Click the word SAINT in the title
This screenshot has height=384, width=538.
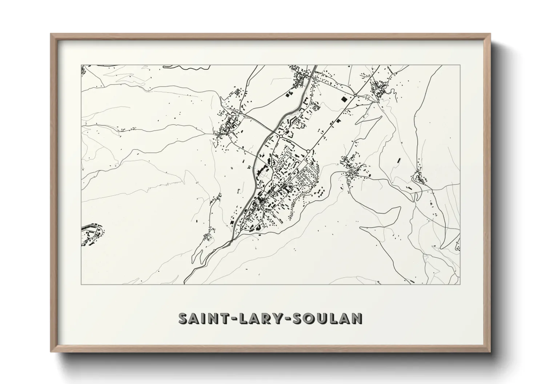[198, 318]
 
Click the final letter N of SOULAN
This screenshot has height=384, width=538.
[357, 318]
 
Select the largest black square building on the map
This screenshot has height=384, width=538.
[344, 98]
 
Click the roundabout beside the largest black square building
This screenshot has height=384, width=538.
[355, 95]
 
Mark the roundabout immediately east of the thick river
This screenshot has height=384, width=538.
[281, 136]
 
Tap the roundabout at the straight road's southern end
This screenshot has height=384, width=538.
[308, 151]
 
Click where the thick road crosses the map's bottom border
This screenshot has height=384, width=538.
[185, 283]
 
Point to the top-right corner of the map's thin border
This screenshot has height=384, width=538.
[460, 65]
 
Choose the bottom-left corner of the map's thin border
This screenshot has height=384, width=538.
[81, 284]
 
